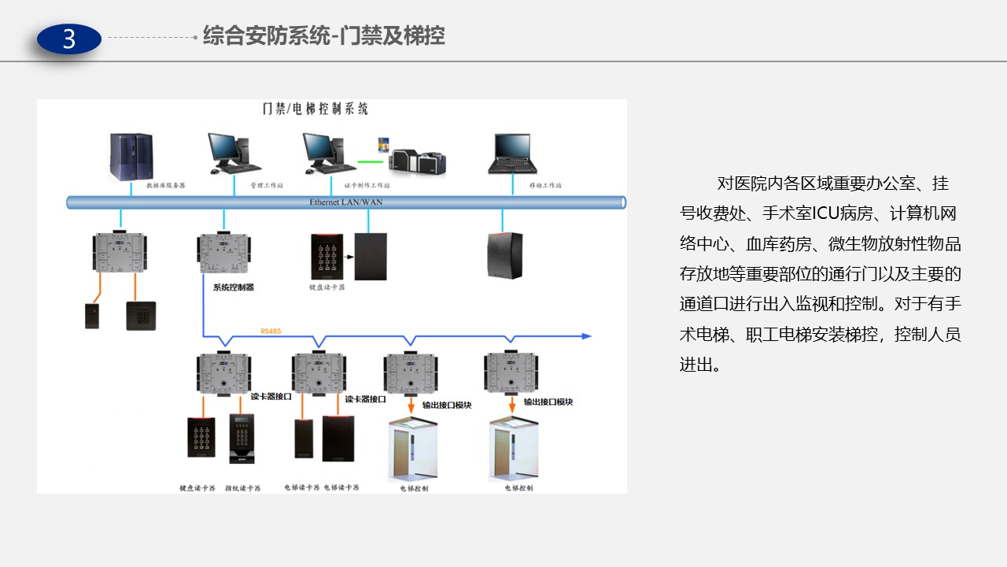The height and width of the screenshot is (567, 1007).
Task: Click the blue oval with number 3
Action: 69,39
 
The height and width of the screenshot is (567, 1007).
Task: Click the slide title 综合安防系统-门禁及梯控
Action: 323,36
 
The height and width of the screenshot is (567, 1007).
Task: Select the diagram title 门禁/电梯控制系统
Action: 315,109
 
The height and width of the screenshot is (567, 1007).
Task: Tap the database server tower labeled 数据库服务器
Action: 131,157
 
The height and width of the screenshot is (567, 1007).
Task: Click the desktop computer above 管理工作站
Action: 233,154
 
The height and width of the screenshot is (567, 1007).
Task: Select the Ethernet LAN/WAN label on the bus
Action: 346,202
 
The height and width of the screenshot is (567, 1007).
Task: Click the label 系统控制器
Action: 234,287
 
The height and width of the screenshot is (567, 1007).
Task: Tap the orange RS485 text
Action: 271,332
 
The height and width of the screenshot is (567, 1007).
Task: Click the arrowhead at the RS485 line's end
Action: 586,336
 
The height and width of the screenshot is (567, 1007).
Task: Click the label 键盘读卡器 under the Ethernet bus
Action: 326,287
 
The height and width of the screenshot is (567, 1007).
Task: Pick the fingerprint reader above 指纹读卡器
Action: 242,438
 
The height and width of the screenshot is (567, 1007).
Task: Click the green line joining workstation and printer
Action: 370,162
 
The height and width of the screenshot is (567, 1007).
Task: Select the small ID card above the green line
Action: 384,144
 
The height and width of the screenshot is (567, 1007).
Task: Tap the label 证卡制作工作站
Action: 367,186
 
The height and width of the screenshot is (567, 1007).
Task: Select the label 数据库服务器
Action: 165,186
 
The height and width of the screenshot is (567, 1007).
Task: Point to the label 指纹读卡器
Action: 242,488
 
